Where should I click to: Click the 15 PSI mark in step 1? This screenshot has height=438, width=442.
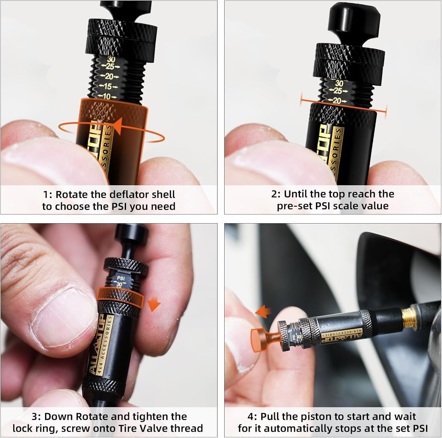108,87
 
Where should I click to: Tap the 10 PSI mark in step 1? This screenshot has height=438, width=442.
106,96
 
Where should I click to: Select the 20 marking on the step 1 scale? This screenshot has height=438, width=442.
109,77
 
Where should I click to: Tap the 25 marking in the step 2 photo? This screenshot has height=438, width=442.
338,91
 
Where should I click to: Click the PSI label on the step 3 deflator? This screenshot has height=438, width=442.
121,278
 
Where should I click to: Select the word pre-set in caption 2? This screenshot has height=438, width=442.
295,206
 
